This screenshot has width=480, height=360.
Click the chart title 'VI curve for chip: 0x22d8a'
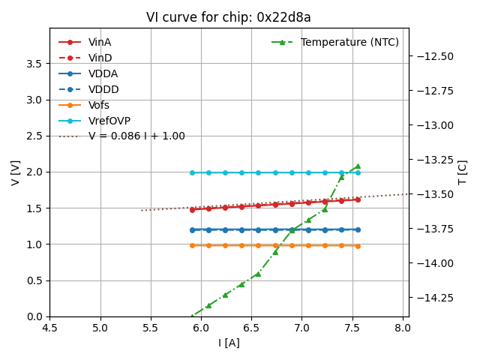[229, 18]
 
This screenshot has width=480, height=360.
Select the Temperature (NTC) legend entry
[349, 42]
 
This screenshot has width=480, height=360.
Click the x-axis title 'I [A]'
[229, 343]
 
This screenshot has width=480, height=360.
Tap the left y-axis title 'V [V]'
[16, 172]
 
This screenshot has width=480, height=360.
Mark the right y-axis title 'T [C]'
[462, 172]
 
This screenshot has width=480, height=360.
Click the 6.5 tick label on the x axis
[251, 328]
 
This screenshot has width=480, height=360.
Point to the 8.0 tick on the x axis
[403, 328]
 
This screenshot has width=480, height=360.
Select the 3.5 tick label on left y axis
[34, 64]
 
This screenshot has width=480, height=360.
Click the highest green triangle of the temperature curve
[358, 166]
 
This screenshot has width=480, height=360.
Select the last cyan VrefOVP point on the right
[358, 172]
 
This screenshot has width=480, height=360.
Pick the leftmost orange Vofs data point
[192, 245]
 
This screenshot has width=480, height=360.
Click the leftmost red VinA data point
[192, 209]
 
